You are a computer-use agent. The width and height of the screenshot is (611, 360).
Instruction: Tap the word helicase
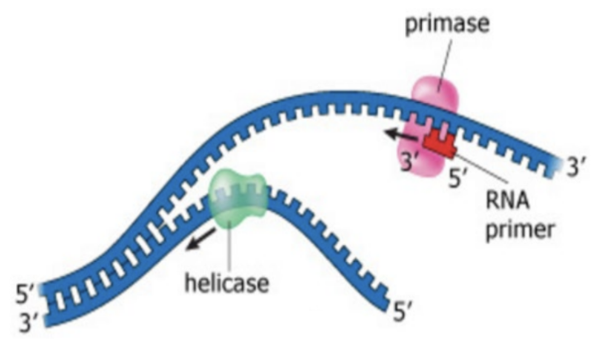(x=227, y=284)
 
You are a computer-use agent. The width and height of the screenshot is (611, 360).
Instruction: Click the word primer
(x=519, y=229)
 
